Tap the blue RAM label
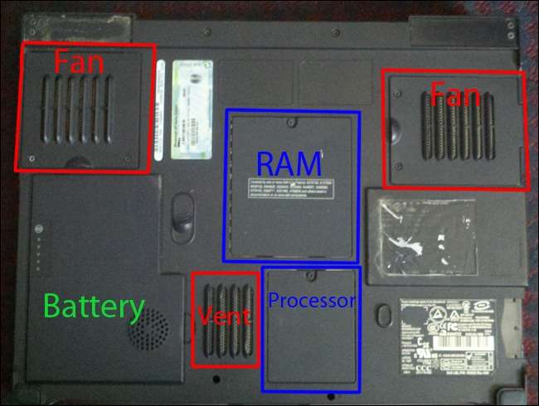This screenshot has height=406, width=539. [288, 162]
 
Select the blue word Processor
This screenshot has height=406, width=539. [311, 301]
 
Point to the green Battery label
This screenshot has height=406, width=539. [93, 307]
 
